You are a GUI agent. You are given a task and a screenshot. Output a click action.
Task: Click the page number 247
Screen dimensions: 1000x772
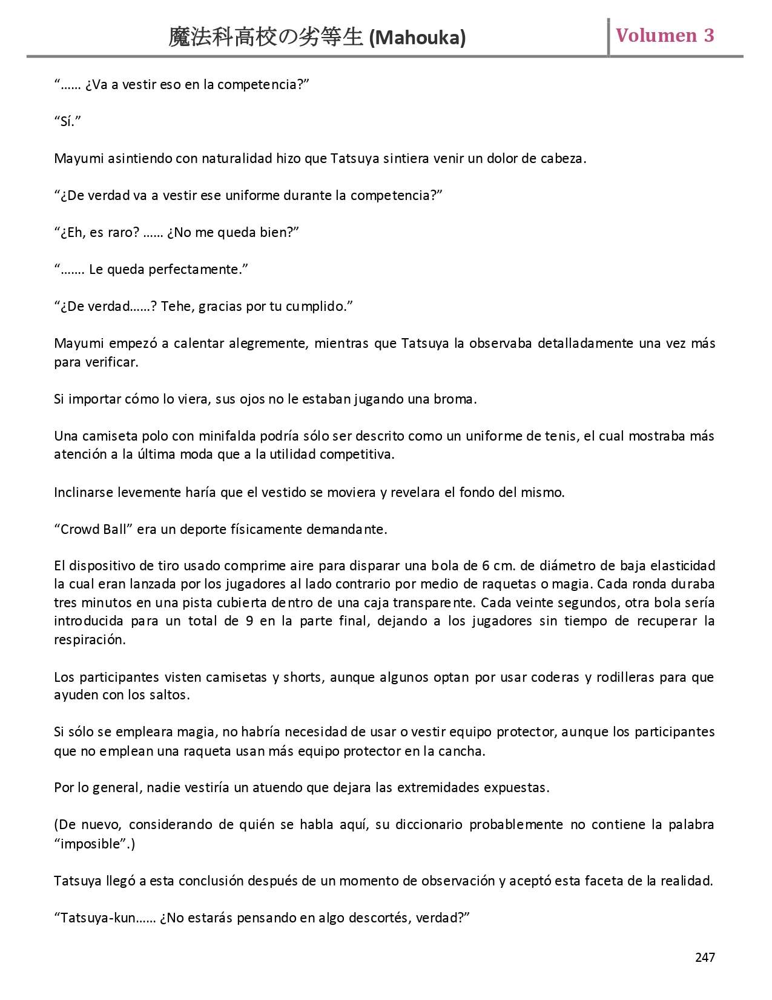pyautogui.click(x=705, y=957)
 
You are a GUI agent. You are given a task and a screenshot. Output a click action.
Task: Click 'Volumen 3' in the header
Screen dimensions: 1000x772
pyautogui.click(x=665, y=36)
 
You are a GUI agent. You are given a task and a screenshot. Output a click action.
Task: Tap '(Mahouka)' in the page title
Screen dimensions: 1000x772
pyautogui.click(x=417, y=38)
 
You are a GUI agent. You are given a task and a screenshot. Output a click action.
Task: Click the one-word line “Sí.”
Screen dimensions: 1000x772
pyautogui.click(x=67, y=121)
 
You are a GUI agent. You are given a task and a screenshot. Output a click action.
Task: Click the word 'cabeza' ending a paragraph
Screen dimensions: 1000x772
pyautogui.click(x=565, y=159)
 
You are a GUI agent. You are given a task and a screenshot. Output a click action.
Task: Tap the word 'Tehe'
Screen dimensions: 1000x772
pyautogui.click(x=176, y=307)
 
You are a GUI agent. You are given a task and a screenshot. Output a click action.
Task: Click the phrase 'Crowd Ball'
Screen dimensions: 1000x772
pyautogui.click(x=93, y=529)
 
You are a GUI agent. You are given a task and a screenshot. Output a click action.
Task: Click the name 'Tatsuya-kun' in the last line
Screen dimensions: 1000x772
pyautogui.click(x=98, y=918)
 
